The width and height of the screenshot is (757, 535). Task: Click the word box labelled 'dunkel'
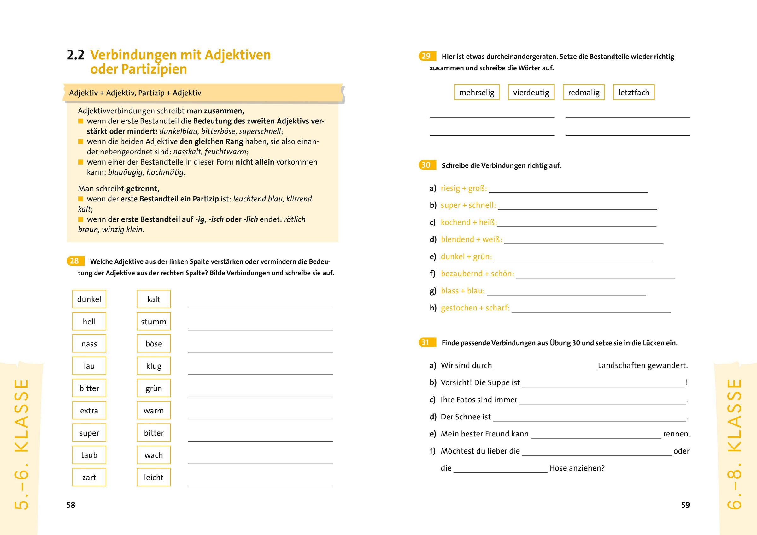coord(89,299)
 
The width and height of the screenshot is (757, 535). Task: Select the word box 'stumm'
coord(154,322)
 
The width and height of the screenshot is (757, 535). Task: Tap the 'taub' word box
coord(89,455)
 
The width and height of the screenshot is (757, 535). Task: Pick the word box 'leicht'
coord(154,477)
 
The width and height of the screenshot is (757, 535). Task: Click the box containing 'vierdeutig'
coord(531,93)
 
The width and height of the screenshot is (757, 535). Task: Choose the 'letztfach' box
coord(634,93)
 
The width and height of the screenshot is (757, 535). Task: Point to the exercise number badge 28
coord(75,261)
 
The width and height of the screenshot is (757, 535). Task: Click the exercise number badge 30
coord(426,165)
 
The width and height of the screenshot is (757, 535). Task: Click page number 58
coord(71,505)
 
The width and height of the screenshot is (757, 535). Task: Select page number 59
coord(685,505)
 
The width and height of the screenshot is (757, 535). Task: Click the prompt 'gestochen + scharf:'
coord(475,308)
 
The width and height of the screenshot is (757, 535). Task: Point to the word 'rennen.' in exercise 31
coord(677,434)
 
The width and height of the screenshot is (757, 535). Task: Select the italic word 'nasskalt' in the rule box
coord(187,152)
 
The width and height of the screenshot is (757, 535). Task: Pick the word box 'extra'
coord(89,411)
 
